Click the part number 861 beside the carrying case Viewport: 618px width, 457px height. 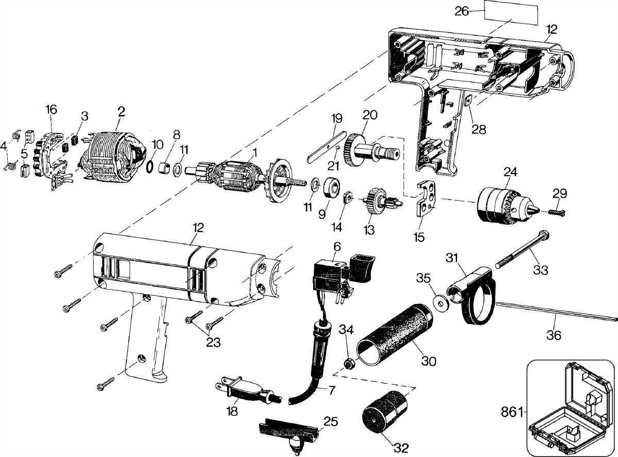coord(512,412)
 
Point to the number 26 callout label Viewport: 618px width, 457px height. coord(461,11)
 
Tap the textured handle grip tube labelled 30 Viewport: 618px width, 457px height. coord(397,335)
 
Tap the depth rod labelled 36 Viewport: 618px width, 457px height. coord(556,312)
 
